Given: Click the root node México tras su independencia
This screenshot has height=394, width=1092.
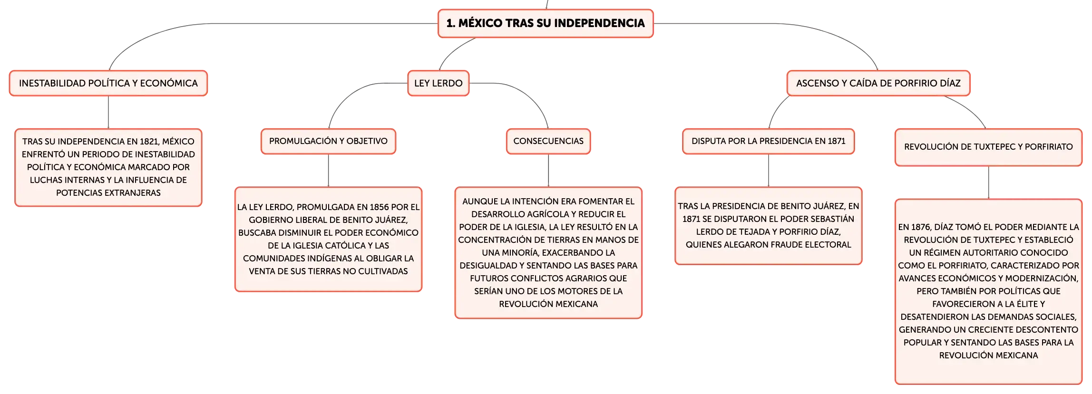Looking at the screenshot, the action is [546, 23].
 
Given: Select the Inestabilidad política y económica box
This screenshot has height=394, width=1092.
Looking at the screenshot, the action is [108, 83].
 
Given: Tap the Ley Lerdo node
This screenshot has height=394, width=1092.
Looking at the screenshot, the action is [439, 83].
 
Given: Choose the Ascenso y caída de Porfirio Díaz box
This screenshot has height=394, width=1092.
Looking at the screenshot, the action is [878, 83].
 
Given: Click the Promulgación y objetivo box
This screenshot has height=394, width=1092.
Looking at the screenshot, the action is [328, 141].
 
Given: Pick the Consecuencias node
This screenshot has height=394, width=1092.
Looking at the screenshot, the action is [548, 141].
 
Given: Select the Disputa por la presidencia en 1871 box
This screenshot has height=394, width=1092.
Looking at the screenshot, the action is [769, 141].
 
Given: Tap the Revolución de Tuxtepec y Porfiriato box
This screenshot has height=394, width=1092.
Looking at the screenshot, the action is [988, 147].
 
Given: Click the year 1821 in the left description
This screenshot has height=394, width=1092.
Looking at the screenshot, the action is [149, 142].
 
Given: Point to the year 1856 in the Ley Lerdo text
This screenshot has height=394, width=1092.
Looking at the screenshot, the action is [379, 207].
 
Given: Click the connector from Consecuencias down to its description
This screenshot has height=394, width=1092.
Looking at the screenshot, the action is [548, 171].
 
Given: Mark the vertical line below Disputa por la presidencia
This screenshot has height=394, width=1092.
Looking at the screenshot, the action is [769, 171].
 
